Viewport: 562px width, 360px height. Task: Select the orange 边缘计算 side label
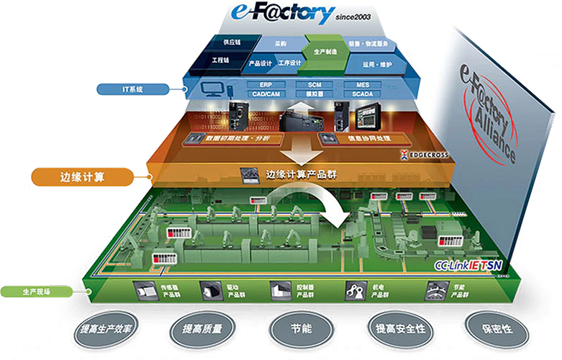click(83, 175)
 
